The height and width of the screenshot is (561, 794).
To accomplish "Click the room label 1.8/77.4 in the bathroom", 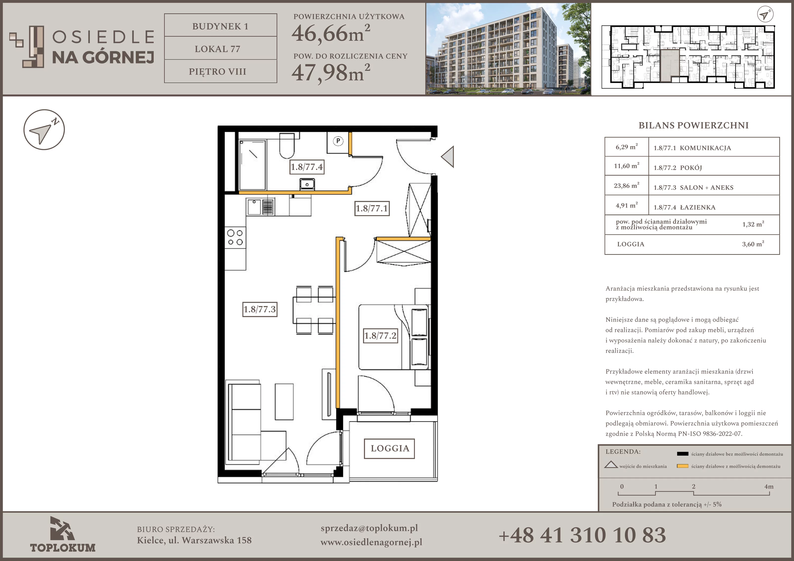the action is click(x=307, y=167).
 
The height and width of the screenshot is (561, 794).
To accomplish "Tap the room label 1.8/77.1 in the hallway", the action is click(x=372, y=209).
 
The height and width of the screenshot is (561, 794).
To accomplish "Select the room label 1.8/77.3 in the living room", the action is click(x=260, y=309).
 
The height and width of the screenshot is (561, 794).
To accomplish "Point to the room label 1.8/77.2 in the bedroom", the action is click(x=380, y=335).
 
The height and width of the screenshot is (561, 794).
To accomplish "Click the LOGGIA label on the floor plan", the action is click(x=390, y=449).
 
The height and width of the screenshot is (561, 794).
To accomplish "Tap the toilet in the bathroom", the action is click(x=287, y=146).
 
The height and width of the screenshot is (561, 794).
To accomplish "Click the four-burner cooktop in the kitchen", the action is click(x=235, y=238).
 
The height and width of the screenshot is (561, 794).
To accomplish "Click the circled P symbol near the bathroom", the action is click(x=338, y=141).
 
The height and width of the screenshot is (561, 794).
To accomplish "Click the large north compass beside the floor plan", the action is click(x=44, y=130).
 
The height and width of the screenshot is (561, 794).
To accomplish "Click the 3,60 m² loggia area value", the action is click(x=753, y=244).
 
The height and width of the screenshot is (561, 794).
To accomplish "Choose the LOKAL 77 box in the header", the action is click(x=221, y=49).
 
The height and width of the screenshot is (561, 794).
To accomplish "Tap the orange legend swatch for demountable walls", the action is click(x=682, y=466).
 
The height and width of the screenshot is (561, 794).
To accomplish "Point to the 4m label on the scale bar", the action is click(x=769, y=486).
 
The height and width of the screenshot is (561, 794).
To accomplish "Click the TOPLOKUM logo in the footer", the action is click(x=63, y=535).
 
